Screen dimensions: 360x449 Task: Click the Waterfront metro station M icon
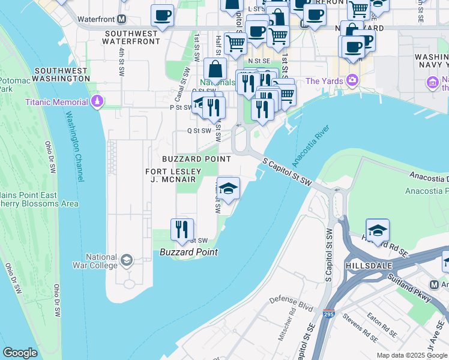tap(122, 19)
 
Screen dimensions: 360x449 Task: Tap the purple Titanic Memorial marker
tap(97, 101)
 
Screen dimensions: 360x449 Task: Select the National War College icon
tap(126, 260)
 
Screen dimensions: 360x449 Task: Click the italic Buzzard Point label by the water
tap(188, 253)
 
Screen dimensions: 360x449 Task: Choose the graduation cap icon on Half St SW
tap(228, 188)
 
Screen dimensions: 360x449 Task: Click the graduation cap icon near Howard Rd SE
tap(377, 230)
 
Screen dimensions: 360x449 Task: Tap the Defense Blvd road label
tap(292, 303)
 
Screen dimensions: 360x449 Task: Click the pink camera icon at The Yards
tap(352, 80)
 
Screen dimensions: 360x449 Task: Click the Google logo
tap(20, 353)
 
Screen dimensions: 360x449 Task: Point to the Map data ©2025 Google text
tap(412, 355)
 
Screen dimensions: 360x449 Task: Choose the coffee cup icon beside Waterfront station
tap(161, 16)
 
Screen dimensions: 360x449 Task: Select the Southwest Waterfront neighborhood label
tap(131, 37)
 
